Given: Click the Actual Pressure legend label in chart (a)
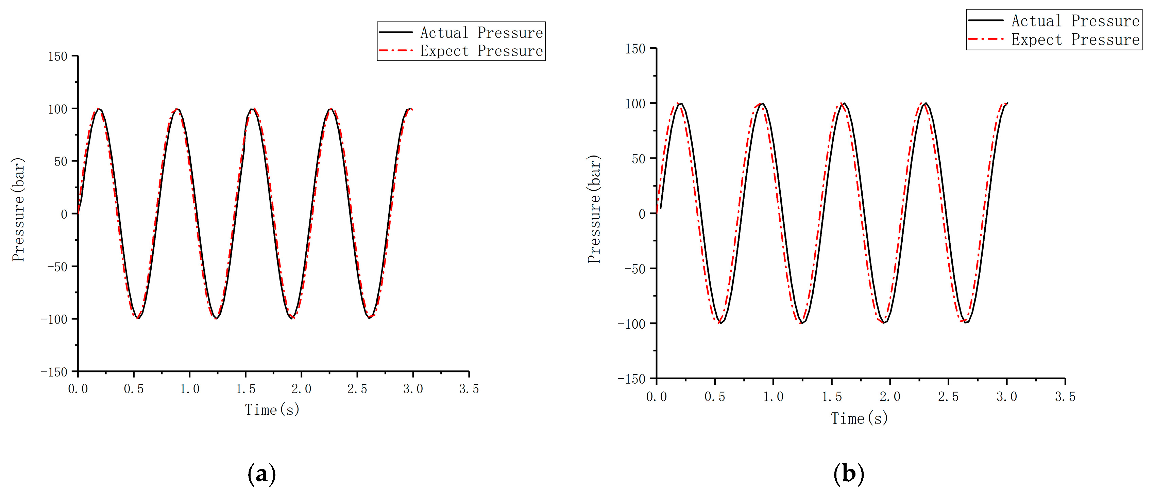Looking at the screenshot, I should (x=481, y=33).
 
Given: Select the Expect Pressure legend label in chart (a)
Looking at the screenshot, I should (x=481, y=51).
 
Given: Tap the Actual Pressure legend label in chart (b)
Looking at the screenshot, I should (x=1075, y=21).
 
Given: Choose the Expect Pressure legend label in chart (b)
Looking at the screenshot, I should (x=1075, y=40).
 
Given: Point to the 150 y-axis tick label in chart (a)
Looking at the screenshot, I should (x=57, y=57).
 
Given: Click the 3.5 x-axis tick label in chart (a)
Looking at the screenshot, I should (x=469, y=389).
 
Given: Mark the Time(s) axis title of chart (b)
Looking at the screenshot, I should (x=859, y=419).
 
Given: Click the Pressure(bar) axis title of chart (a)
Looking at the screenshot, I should (x=18, y=210).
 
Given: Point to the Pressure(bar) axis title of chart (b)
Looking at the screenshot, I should (x=594, y=209).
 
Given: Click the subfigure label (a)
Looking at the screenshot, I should (x=261, y=474).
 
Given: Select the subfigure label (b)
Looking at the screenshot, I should (x=848, y=474).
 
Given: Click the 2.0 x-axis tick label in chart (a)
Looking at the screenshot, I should (x=301, y=389).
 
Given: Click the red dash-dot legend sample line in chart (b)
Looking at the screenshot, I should (x=986, y=39).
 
